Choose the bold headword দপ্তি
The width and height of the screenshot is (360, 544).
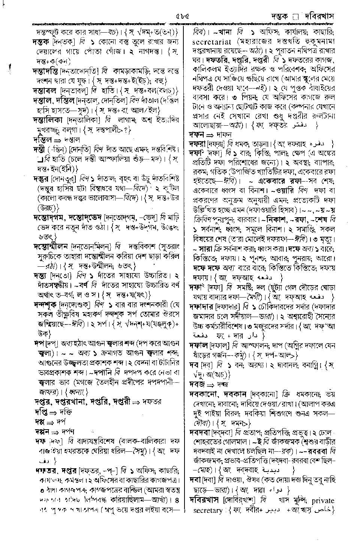click(x=40, y=412)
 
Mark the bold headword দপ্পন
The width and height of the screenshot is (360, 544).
click(x=41, y=431)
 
